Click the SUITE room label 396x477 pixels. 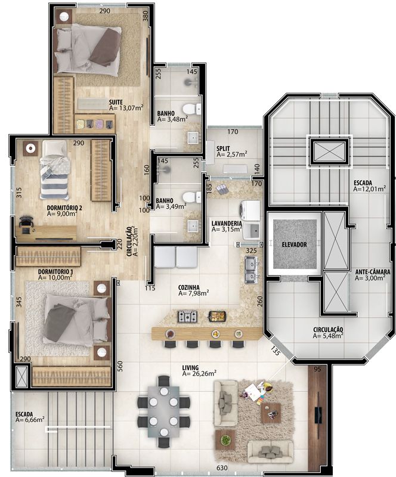tap(116, 102)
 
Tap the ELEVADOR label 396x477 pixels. tap(294, 244)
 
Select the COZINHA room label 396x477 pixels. tap(188, 287)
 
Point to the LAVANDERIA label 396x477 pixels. tap(227, 224)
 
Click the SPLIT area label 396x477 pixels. tap(223, 148)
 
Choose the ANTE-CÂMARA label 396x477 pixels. tap(373, 272)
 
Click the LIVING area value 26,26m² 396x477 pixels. tap(199, 373)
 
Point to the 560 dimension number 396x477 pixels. tap(120, 366)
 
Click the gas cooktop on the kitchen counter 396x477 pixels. tap(187, 317)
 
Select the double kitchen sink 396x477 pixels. tap(252, 270)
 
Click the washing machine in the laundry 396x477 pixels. tap(250, 210)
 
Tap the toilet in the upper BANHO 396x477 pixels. tap(192, 109)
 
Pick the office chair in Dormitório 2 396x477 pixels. tap(26, 224)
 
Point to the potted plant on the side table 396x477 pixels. tap(225, 439)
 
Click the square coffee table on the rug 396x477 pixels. tap(271, 413)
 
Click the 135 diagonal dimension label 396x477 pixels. tap(274, 351)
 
